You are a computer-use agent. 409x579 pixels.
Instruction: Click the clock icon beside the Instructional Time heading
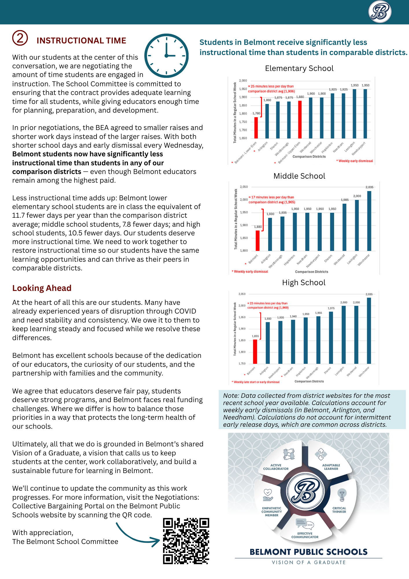[x=166, y=56]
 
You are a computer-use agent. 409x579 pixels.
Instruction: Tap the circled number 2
[x=20, y=38]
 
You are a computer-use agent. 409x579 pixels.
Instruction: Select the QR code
[x=186, y=541]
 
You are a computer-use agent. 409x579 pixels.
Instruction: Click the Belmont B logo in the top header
[x=380, y=12]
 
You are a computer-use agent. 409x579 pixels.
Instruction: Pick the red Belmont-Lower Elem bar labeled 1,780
[x=256, y=127]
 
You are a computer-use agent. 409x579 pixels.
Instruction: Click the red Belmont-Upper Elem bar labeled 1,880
[x=300, y=119]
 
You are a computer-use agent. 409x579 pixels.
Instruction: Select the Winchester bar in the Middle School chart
[x=369, y=221]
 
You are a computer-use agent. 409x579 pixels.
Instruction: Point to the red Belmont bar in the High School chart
[x=255, y=351]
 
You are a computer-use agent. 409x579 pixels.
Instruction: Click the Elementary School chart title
[x=299, y=68]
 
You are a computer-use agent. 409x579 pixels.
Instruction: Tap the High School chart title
[x=304, y=283]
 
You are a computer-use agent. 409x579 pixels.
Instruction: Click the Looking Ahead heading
[x=42, y=288]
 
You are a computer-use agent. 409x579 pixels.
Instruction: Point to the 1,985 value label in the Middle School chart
[x=344, y=200]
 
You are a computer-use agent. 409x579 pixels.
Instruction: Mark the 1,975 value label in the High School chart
[x=331, y=308]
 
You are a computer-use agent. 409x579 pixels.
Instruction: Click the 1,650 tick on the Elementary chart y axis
[x=243, y=138]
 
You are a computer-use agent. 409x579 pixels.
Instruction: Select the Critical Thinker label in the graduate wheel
[x=339, y=510]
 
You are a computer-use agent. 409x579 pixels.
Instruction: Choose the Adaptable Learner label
[x=331, y=467]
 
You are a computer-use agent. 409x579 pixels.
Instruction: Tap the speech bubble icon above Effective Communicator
[x=305, y=523]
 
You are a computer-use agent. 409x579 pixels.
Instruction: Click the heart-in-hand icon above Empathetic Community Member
[x=268, y=495]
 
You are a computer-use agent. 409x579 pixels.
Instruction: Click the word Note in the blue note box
[x=231, y=396]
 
